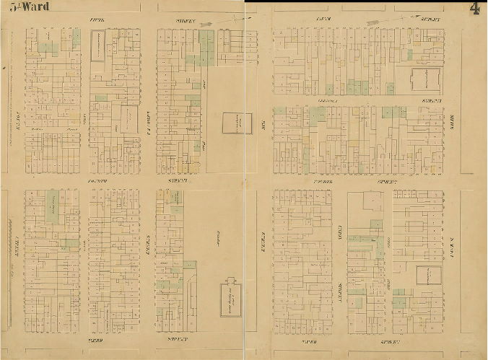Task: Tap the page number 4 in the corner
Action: click(x=474, y=9)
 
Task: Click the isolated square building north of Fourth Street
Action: click(x=232, y=123)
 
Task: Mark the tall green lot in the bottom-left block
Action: click(x=53, y=206)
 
